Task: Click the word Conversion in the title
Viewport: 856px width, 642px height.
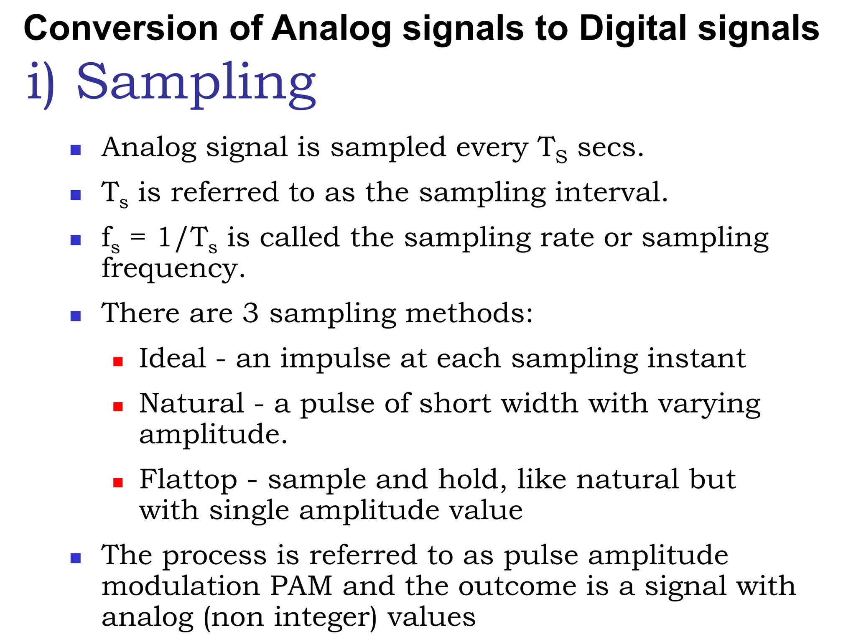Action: [121, 28]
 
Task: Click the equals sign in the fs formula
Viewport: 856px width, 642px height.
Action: [138, 237]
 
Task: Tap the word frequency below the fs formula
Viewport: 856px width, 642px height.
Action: [173, 268]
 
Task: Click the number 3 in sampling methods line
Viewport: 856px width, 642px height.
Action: [250, 313]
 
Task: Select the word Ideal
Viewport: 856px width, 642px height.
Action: [173, 358]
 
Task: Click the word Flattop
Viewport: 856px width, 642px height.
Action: [188, 479]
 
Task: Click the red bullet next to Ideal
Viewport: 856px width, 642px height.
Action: [118, 362]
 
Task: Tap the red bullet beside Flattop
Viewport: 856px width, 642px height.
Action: [118, 483]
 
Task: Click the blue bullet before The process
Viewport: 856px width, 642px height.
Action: [76, 558]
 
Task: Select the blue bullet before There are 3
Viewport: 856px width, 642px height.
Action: [76, 316]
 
